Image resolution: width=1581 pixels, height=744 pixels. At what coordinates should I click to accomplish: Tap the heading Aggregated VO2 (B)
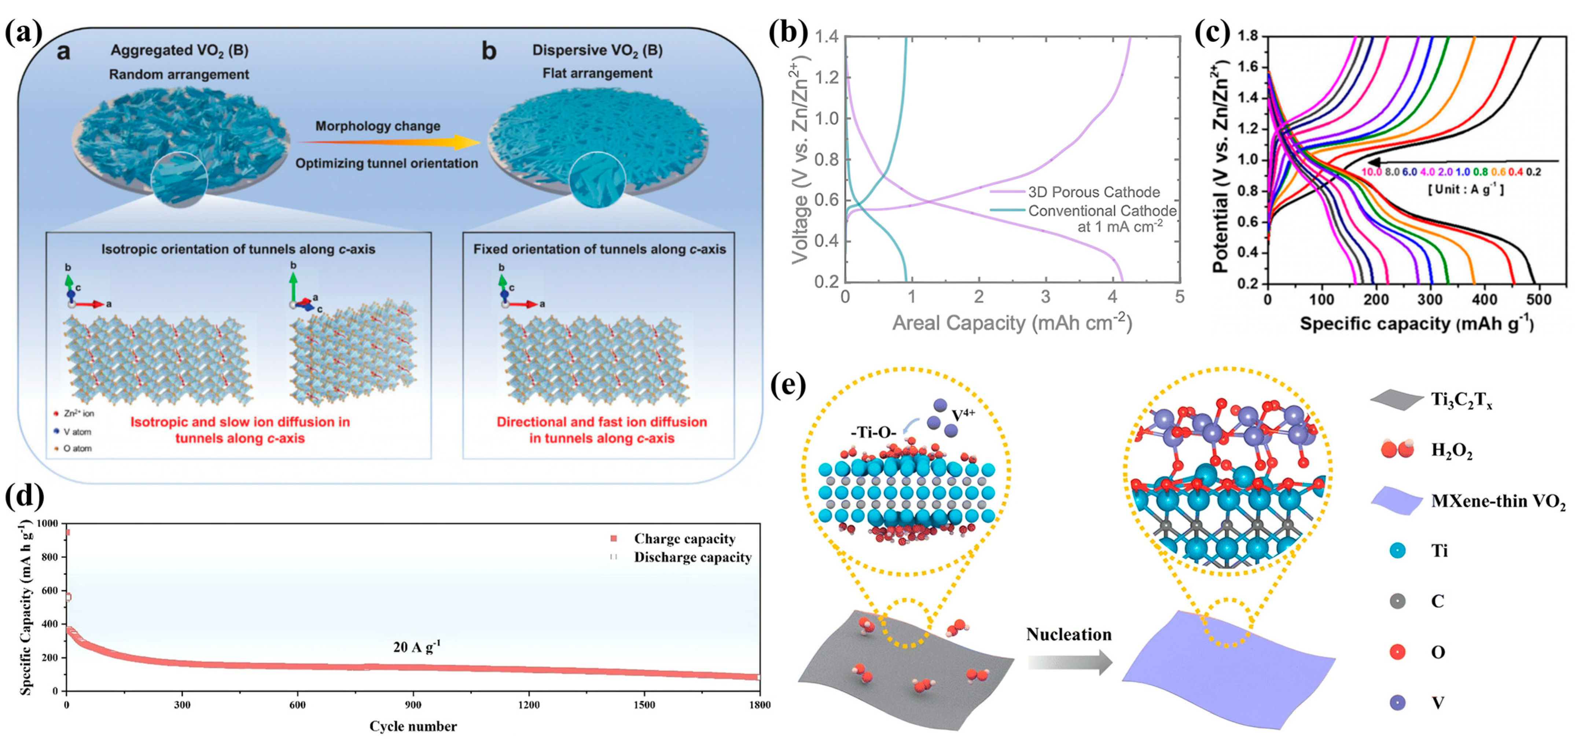point(179,50)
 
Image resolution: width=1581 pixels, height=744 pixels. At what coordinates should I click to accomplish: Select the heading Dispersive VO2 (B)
point(597,50)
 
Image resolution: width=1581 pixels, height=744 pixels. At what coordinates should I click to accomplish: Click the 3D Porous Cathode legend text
point(1094,192)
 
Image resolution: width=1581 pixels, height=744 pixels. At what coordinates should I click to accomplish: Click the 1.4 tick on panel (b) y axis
point(826,37)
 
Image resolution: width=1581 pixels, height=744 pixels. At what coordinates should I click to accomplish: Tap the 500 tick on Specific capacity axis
point(1538,299)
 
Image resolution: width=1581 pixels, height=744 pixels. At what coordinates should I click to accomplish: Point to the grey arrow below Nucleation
point(1070,662)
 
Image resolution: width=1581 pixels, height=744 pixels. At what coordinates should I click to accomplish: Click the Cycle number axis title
point(413,726)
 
